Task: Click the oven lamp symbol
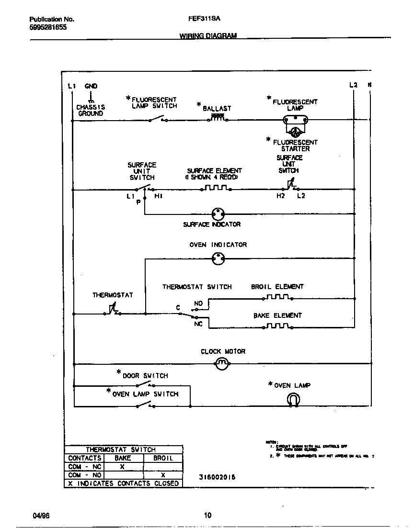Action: [x=293, y=399]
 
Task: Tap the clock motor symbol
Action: [x=221, y=364]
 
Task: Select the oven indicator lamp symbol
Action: [x=218, y=259]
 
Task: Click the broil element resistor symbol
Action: [x=278, y=297]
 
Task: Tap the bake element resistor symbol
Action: [x=278, y=326]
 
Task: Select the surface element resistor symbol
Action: [x=216, y=189]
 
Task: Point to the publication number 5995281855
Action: [x=48, y=28]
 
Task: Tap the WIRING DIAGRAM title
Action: [x=208, y=36]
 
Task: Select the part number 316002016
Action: [x=217, y=477]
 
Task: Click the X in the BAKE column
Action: [x=122, y=466]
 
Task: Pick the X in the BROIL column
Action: [x=163, y=475]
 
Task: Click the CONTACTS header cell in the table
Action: [x=85, y=458]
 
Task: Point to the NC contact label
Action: [x=198, y=324]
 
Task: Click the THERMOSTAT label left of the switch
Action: [x=113, y=295]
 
